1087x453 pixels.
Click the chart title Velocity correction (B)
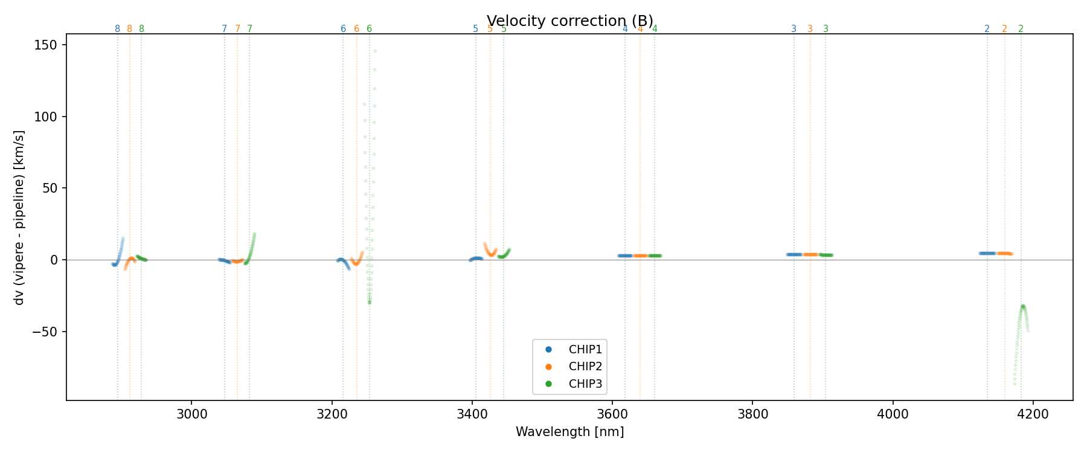(x=569, y=21)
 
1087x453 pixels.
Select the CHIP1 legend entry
(x=585, y=349)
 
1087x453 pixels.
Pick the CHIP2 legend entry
(x=585, y=367)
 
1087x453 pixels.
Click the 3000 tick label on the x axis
(x=191, y=414)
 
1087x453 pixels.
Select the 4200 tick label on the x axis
(x=1033, y=414)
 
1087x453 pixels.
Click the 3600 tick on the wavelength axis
(x=612, y=414)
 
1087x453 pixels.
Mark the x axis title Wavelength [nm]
(x=569, y=432)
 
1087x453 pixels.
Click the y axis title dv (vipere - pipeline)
(x=19, y=217)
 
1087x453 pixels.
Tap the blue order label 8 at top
(x=117, y=29)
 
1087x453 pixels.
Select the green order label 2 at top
(x=1021, y=29)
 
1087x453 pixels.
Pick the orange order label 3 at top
(x=810, y=29)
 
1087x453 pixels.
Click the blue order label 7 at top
(x=224, y=29)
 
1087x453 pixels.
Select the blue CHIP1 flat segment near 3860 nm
(x=794, y=254)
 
